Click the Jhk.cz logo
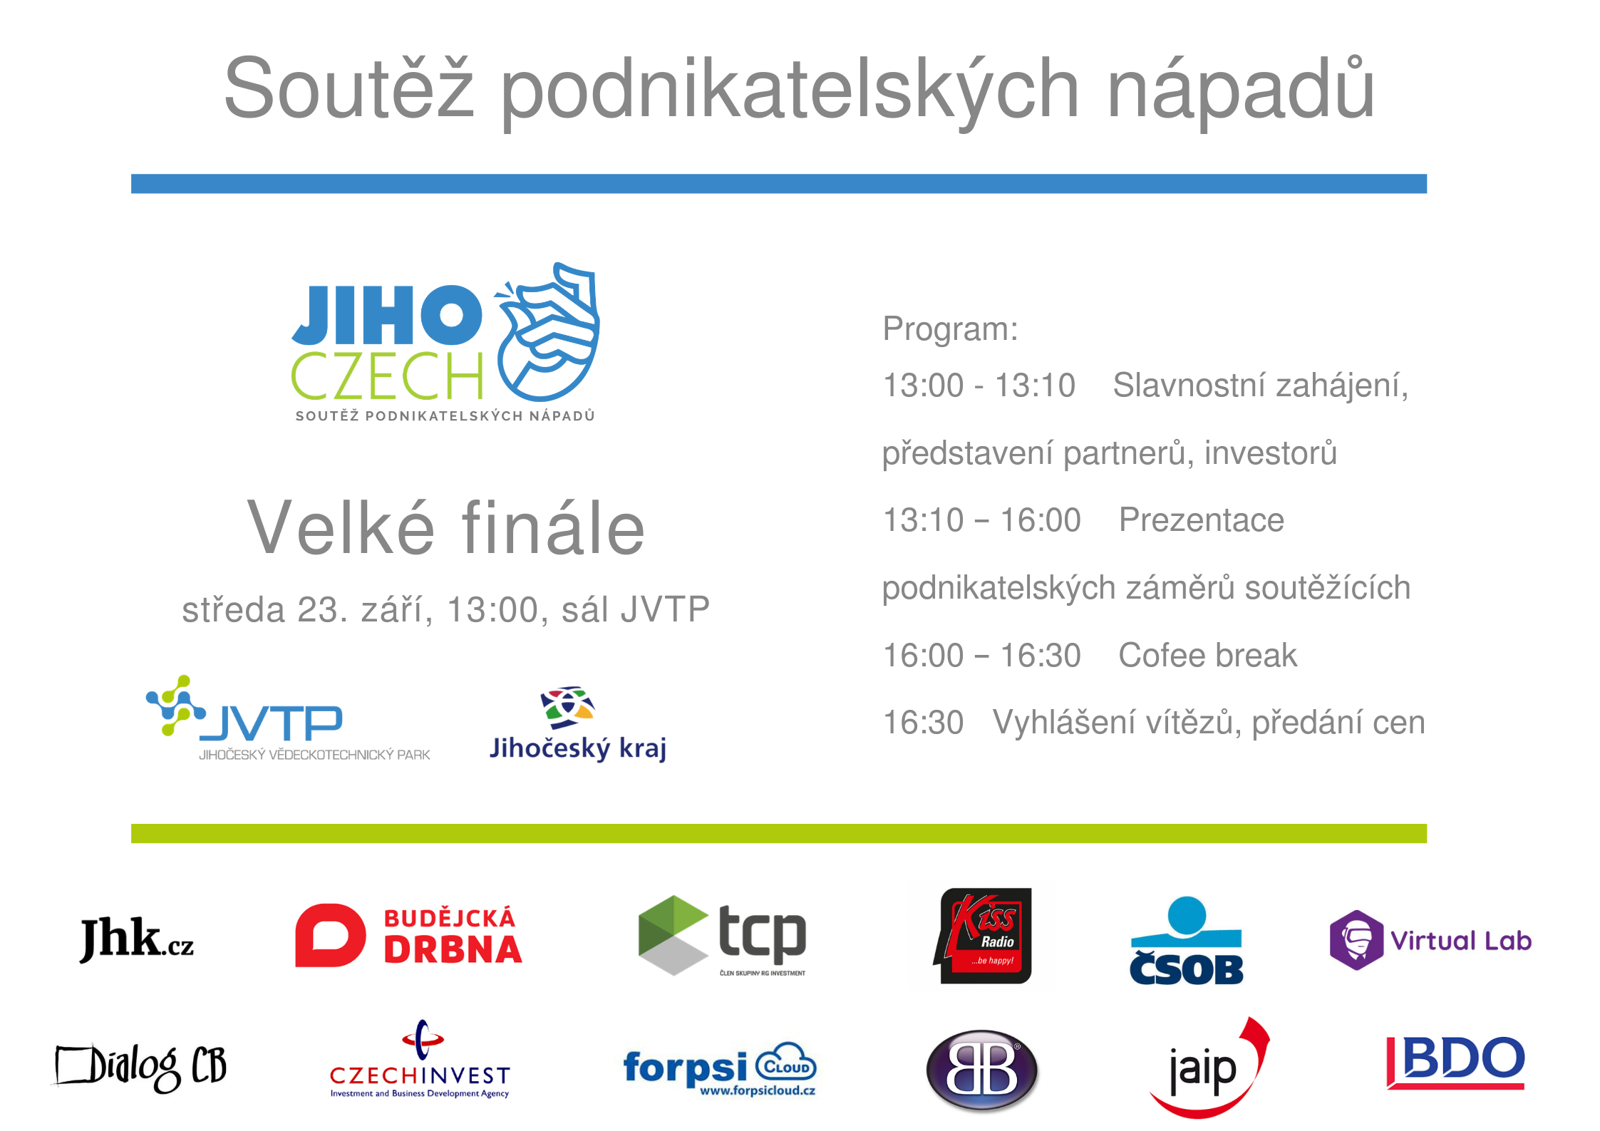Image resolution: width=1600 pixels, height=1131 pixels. click(136, 939)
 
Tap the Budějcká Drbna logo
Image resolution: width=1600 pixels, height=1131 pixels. click(409, 935)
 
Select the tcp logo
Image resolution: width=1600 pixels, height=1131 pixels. click(722, 936)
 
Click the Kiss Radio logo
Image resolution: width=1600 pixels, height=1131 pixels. click(983, 936)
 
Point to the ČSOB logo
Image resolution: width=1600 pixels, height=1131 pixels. click(1186, 941)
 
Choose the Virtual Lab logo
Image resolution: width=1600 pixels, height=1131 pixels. click(1430, 941)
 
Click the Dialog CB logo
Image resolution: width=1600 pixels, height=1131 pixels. click(141, 1067)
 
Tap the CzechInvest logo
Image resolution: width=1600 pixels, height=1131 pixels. click(420, 1060)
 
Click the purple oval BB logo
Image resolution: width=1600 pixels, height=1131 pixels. click(982, 1070)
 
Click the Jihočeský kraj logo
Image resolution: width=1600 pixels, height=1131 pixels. click(578, 724)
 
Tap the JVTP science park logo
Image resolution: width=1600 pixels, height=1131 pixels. click(288, 718)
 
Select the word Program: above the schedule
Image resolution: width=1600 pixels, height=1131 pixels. click(950, 329)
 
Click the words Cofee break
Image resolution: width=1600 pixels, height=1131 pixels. click(1207, 655)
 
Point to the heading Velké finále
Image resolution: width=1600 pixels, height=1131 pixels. click(446, 527)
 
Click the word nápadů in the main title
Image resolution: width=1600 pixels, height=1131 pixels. click(1241, 90)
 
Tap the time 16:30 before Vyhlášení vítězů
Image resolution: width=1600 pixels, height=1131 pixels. click(923, 723)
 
